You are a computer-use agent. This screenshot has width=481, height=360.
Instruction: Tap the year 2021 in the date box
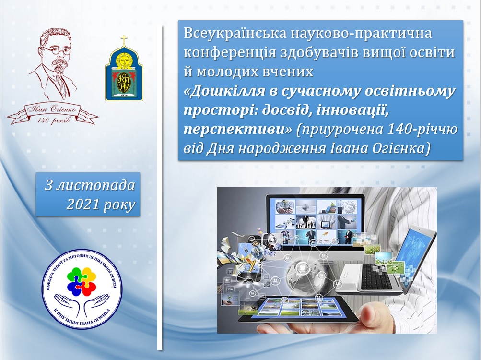point(83,205)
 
